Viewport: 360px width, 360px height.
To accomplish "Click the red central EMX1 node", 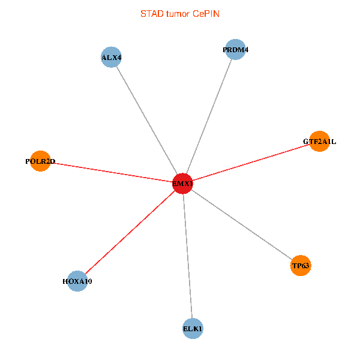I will (x=182, y=184).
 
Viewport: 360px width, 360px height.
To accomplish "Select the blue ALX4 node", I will (x=111, y=58).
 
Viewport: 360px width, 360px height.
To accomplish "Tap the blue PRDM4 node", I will (x=235, y=50).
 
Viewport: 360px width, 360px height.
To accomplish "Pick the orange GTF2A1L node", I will (x=319, y=142).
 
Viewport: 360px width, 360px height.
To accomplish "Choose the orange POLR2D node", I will (x=40, y=161).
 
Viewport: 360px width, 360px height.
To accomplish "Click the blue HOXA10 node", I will (x=77, y=281).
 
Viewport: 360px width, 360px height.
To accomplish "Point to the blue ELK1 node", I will (x=193, y=329).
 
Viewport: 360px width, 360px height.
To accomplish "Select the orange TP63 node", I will (x=301, y=265).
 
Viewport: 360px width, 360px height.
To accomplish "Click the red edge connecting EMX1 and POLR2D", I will (x=111, y=172).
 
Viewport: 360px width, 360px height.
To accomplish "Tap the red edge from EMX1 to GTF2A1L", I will (x=251, y=163).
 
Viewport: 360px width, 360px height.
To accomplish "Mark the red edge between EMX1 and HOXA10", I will (x=130, y=232).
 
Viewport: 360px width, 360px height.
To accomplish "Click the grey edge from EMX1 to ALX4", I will (x=146, y=121).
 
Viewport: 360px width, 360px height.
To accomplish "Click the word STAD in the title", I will (x=151, y=13).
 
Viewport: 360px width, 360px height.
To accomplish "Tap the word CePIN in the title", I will (x=206, y=13).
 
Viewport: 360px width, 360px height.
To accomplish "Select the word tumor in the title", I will (x=177, y=13).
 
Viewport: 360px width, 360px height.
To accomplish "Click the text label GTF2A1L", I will (x=319, y=142).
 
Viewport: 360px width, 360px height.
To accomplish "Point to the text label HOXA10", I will (x=77, y=281).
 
